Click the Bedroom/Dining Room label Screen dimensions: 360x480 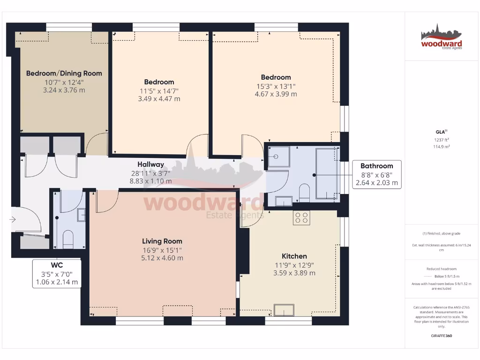click(x=64, y=73)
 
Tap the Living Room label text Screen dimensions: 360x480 click(x=162, y=241)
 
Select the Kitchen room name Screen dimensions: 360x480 click(x=294, y=256)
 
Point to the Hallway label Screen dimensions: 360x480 click(x=150, y=165)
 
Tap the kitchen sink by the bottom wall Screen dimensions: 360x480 click(x=284, y=310)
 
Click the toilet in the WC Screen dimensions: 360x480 click(x=68, y=237)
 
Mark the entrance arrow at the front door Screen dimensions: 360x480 click(x=13, y=219)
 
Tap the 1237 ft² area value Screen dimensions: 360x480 click(x=441, y=140)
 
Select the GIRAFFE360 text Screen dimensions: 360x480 click(x=441, y=336)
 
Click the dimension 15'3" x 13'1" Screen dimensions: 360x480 click(x=276, y=86)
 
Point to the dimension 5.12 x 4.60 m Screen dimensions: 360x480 click(x=162, y=258)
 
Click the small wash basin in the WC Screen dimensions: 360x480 click(x=81, y=215)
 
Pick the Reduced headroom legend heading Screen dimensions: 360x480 click(x=441, y=269)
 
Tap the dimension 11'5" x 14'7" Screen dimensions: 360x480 click(x=159, y=90)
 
